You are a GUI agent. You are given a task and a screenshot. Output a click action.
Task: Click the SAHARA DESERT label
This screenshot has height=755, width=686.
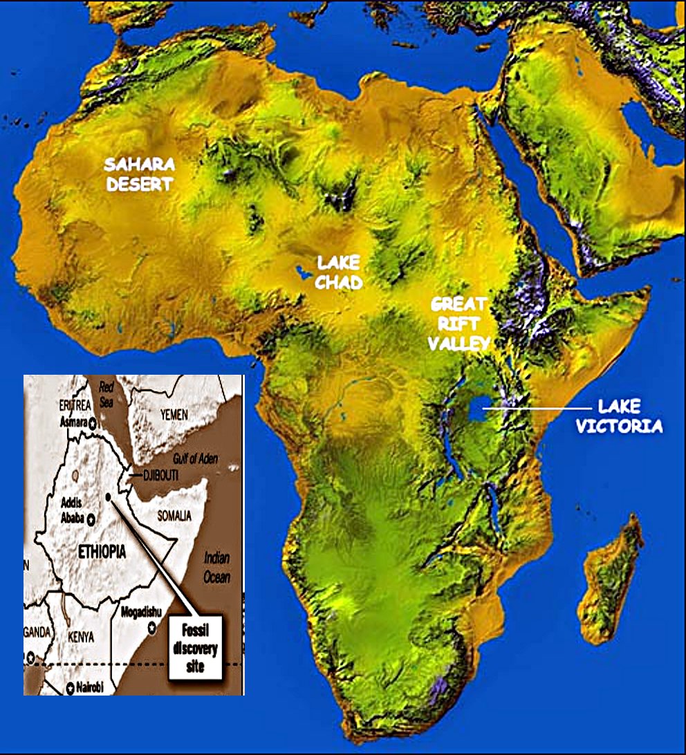point(139,174)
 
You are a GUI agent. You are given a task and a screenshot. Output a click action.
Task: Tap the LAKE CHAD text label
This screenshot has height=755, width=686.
point(340,272)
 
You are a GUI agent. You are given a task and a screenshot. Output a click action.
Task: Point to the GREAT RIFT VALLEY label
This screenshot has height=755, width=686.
point(459,323)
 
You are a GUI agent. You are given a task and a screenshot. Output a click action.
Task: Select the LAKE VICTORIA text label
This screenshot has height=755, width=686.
point(620,416)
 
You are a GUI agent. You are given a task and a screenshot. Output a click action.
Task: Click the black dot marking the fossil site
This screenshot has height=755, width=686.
point(109,496)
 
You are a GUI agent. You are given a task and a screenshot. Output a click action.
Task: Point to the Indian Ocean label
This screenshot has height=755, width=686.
point(216,567)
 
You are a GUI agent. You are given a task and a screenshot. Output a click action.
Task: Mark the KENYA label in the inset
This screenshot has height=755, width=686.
point(77,637)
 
